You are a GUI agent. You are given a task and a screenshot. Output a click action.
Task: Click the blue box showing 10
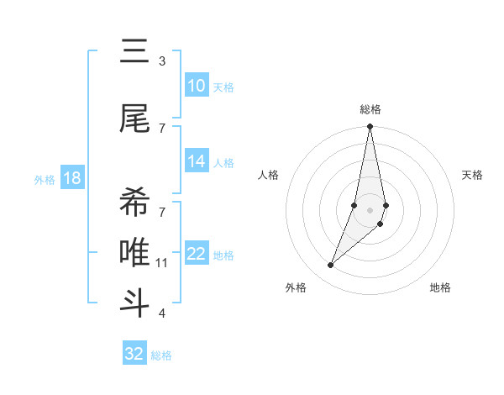pyautogui.click(x=197, y=86)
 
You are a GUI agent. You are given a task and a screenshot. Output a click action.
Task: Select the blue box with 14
pyautogui.click(x=197, y=161)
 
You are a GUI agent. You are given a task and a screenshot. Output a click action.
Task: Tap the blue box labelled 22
pyautogui.click(x=197, y=254)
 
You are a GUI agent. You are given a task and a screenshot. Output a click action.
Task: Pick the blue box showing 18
pyautogui.click(x=71, y=178)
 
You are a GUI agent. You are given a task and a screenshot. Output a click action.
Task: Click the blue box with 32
pyautogui.click(x=134, y=354)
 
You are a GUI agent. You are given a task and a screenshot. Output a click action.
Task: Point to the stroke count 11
pyautogui.click(x=162, y=263)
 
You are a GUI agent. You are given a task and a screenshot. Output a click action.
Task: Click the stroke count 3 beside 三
pyautogui.click(x=162, y=61)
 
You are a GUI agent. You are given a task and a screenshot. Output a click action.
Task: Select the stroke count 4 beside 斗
pyautogui.click(x=162, y=313)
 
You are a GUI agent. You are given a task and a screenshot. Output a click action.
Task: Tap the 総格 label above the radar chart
pyautogui.click(x=370, y=109)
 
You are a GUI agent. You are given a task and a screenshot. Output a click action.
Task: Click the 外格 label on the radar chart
pyautogui.click(x=296, y=287)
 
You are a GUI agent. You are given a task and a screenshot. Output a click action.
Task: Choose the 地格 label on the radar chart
pyautogui.click(x=440, y=287)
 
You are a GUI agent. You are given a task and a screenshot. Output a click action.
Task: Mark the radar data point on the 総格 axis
pyautogui.click(x=370, y=127)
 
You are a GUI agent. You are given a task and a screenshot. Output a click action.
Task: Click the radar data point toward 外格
pyautogui.click(x=331, y=266)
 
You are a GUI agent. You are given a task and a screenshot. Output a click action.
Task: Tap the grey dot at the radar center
pyautogui.click(x=370, y=209)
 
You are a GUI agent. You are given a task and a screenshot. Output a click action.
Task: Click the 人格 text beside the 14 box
pyautogui.click(x=223, y=163)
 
